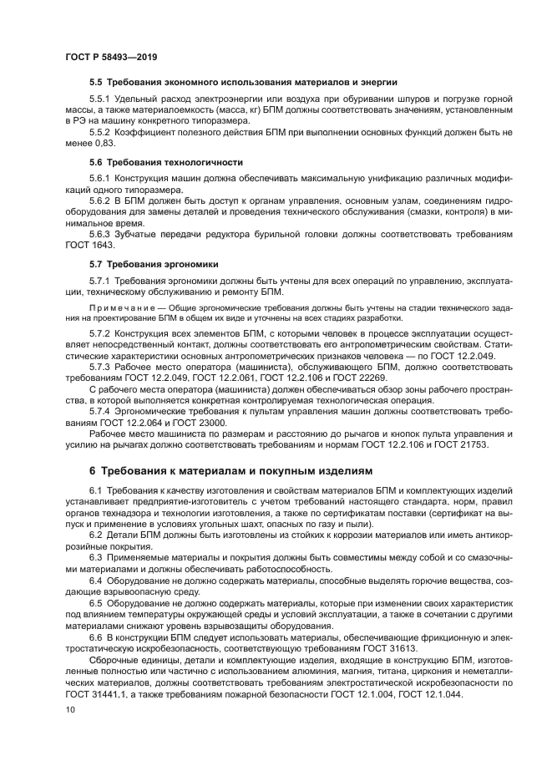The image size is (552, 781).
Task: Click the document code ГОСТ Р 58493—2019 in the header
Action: [x=111, y=58]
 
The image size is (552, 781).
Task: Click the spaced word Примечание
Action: [x=124, y=308]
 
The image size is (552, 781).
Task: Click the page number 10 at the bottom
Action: [x=70, y=708]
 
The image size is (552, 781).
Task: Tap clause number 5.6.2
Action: [x=100, y=203]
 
